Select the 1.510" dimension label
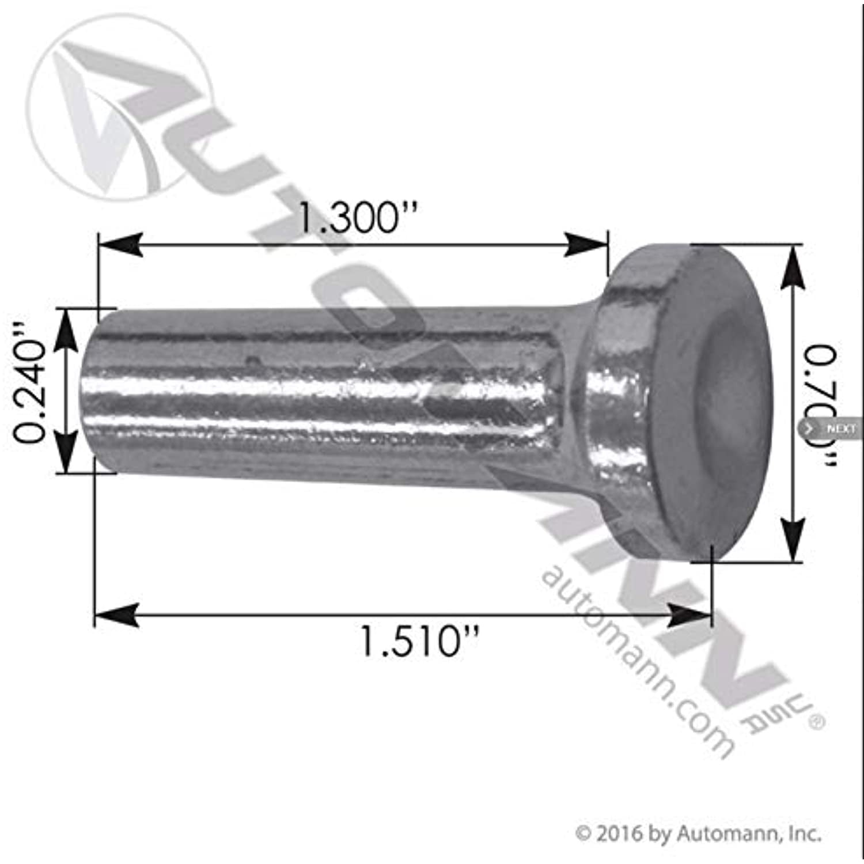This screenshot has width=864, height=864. click(x=419, y=641)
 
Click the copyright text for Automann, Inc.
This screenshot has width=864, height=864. click(x=699, y=833)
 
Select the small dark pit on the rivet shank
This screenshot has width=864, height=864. click(x=251, y=362)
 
